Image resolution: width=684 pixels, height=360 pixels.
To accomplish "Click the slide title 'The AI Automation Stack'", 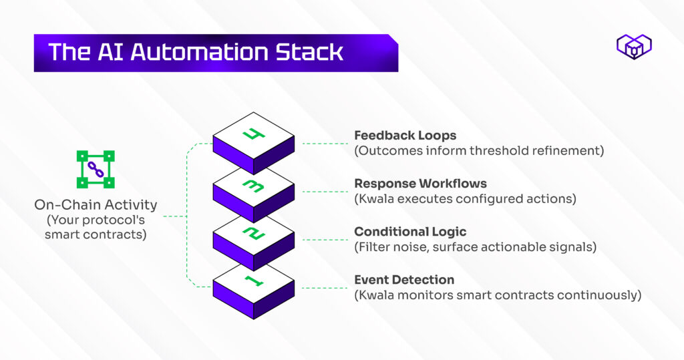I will (196, 53).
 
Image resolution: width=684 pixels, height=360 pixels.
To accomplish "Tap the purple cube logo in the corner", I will (634, 47).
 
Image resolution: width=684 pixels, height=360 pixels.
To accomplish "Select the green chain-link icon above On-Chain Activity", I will (96, 169).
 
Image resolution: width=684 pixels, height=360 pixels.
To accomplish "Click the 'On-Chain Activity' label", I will (96, 204).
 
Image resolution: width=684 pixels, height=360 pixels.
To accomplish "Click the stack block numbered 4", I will (253, 139).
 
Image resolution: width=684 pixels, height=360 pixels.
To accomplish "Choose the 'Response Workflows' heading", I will (420, 184).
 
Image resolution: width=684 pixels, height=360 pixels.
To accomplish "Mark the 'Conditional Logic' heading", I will (410, 232).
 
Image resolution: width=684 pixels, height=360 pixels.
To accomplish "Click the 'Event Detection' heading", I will (404, 280).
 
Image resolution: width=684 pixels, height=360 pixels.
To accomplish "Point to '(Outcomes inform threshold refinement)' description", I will (479, 151).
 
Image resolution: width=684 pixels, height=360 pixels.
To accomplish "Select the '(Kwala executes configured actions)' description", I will (465, 199).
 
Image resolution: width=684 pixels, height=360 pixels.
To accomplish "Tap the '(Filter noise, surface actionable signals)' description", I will (475, 247).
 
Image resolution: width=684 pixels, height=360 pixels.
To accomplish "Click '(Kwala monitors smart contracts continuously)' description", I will (498, 295).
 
